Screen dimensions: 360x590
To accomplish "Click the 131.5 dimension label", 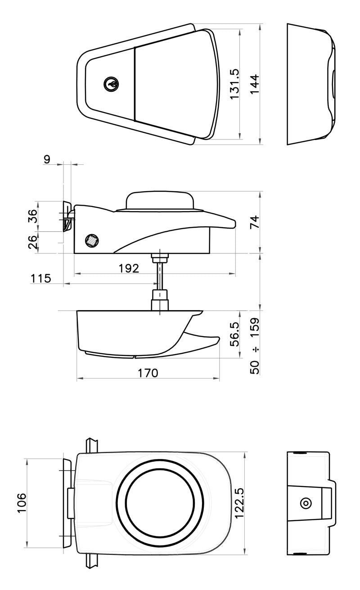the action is tap(234, 84).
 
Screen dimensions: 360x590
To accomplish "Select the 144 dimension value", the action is tap(254, 84).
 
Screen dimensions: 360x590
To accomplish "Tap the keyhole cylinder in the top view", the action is tap(111, 84).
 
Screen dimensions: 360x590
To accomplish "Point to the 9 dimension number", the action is tap(47, 159).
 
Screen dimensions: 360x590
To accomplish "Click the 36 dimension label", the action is tap(33, 216).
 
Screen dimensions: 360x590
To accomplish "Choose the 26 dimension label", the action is tap(33, 242).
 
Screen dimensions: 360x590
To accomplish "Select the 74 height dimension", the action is tap(254, 222).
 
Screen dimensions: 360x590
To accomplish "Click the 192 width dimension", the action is tap(129, 268).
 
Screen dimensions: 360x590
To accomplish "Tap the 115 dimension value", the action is tap(41, 279).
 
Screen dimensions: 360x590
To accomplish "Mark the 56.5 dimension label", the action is tap(234, 334).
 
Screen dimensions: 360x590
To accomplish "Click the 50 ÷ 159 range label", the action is tap(254, 346).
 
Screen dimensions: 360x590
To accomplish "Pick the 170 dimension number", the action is tap(148, 373).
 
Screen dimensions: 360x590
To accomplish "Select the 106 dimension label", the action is tap(22, 503).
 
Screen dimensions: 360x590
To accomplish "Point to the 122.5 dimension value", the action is tap(239, 503).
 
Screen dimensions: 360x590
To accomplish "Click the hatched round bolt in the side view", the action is tap(92, 240).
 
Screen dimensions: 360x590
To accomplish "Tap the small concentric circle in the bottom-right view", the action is tap(306, 503).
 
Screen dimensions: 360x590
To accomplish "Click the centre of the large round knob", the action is tap(160, 503).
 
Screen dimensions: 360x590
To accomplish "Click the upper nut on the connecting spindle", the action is tap(160, 257).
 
